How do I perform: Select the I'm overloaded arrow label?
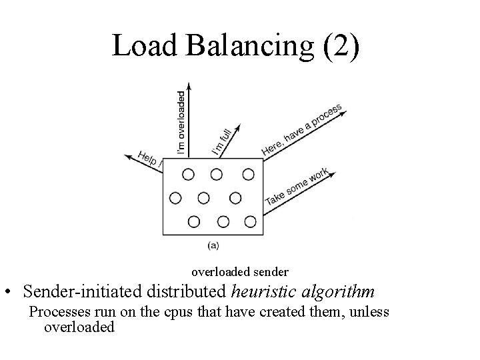tap(181, 124)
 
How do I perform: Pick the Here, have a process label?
tap(301, 130)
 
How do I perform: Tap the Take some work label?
tap(297, 187)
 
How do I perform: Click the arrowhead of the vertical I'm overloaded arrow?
tap(189, 87)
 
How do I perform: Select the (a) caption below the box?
tap(213, 245)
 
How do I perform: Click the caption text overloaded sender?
tap(240, 272)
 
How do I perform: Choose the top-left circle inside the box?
tap(188, 174)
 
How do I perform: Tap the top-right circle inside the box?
tap(248, 174)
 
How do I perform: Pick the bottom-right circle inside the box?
tap(250, 221)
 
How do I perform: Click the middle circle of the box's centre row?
tap(204, 198)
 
